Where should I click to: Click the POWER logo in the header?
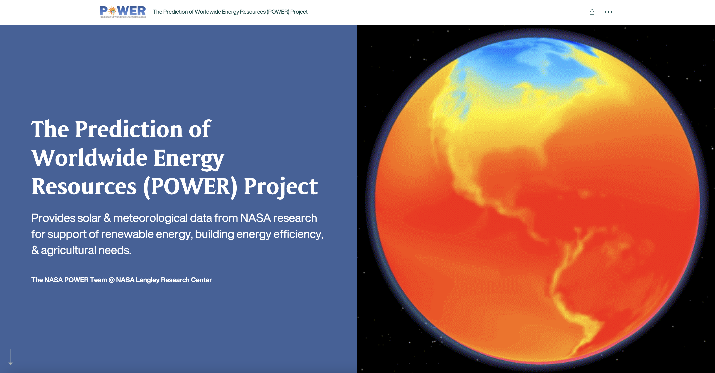pos(122,12)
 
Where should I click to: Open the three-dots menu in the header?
pos(608,12)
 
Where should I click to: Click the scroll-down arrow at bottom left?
pos(11,357)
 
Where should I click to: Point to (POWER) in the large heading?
pos(190,186)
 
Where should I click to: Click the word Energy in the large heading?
pos(189,158)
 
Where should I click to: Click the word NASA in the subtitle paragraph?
pos(255,218)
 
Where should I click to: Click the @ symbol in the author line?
pos(111,280)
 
